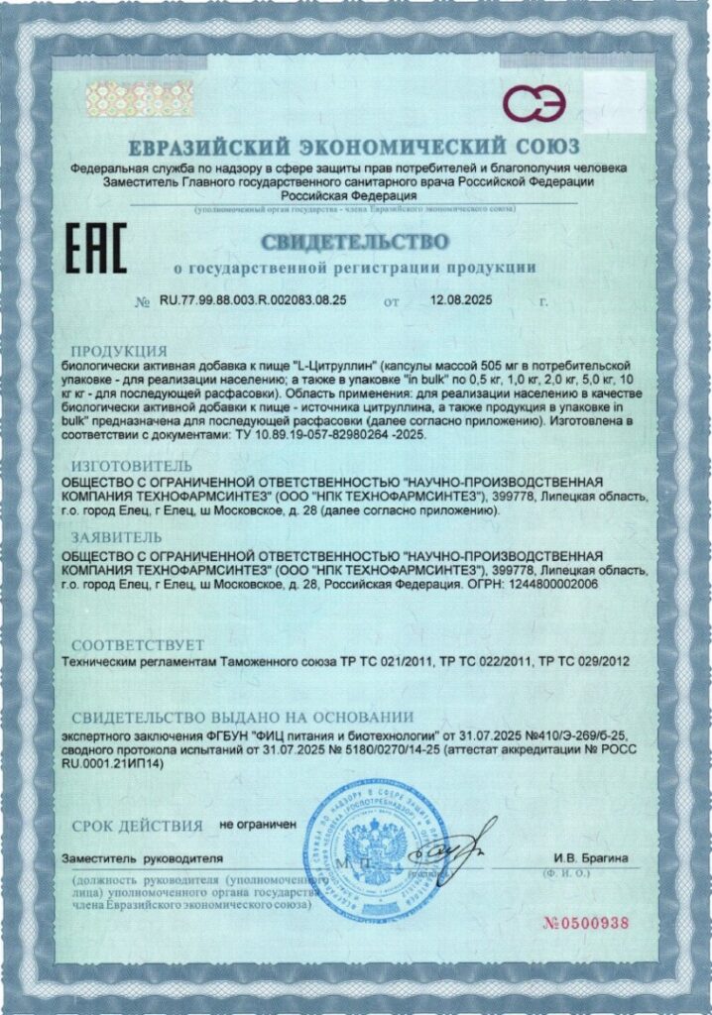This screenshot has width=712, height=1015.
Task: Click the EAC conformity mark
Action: click(x=95, y=250)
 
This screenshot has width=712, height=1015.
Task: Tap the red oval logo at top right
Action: click(x=536, y=100)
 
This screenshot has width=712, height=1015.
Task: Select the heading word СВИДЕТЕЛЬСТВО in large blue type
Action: click(x=355, y=242)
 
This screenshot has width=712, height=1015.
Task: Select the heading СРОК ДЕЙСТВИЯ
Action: click(x=137, y=825)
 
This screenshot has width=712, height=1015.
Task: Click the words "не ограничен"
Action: click(x=258, y=824)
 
